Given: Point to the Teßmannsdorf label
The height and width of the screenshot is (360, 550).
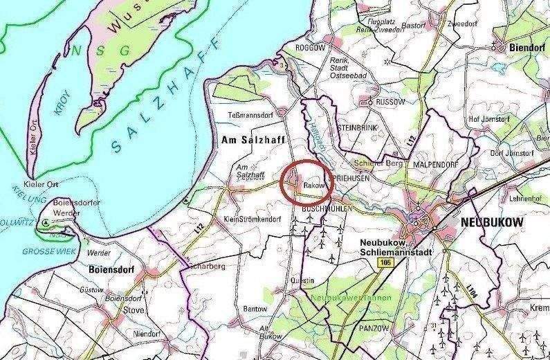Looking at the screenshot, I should coord(247,114).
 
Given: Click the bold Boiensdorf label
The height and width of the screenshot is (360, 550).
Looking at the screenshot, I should coord(111,269).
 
